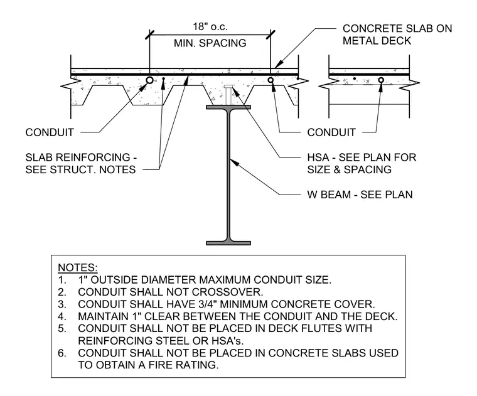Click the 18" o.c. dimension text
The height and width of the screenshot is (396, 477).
pyautogui.click(x=210, y=27)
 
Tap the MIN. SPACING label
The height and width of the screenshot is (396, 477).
pyautogui.click(x=210, y=43)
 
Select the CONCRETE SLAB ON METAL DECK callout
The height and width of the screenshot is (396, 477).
pyautogui.click(x=397, y=35)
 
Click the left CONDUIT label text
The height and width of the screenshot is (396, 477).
pyautogui.click(x=50, y=132)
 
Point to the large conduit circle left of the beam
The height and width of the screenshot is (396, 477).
pyautogui.click(x=149, y=80)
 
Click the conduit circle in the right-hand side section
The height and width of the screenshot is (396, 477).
pyautogui.click(x=381, y=80)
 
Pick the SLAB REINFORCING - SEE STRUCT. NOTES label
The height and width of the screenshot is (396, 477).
pyautogui.click(x=81, y=163)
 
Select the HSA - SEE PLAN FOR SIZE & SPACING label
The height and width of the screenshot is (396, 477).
pyautogui.click(x=362, y=163)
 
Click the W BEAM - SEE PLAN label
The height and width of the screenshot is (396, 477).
pyautogui.click(x=360, y=195)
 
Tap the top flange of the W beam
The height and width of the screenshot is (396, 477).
pyautogui.click(x=228, y=107)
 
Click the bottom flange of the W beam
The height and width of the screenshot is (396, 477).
pyautogui.click(x=228, y=243)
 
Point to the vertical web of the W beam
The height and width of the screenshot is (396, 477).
pyautogui.click(x=228, y=175)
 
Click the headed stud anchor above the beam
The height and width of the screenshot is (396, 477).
pyautogui.click(x=228, y=95)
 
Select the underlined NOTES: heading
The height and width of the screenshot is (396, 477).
pyautogui.click(x=78, y=267)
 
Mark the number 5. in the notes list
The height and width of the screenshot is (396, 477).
pyautogui.click(x=62, y=328)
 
